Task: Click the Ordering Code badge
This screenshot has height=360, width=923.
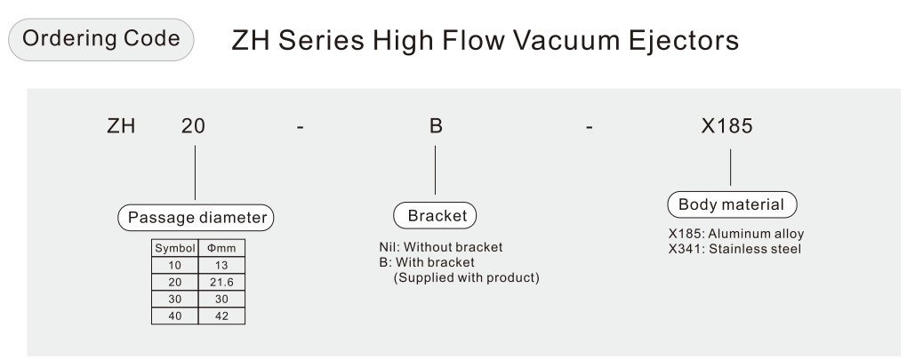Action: pos(100,39)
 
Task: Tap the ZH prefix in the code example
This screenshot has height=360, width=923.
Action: pos(121,126)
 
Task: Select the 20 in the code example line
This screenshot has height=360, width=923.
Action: pos(193,126)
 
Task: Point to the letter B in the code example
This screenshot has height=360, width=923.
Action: pos(436,126)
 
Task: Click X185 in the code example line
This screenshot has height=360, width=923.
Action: pos(727,126)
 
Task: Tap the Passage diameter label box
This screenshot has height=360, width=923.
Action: pos(196,218)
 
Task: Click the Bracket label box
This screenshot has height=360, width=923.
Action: pos(435,216)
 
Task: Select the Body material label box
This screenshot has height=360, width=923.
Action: pos(732,204)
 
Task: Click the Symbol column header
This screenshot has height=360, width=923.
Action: pos(175,248)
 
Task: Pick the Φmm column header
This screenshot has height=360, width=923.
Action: pos(221,248)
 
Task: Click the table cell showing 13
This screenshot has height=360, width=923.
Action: pos(221,265)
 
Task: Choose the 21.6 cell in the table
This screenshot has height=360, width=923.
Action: pos(221,283)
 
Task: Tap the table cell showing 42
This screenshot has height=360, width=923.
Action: pos(221,316)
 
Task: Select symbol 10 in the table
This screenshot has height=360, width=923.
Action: pos(175,265)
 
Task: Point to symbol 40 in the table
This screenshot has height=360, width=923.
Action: pos(175,316)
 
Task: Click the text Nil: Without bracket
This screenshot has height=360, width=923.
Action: pos(441,247)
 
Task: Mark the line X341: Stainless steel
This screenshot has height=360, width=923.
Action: pos(734,249)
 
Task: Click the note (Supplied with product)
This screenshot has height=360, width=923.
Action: pos(466,277)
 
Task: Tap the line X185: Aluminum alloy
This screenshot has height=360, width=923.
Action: pos(735,234)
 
